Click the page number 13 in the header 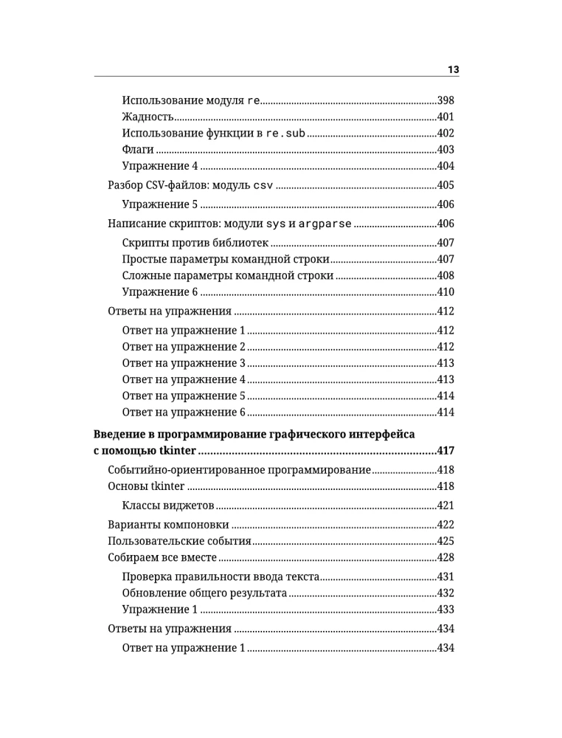coord(454,69)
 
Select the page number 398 coord(445,100)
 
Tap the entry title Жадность coord(148,117)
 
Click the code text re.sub coord(285,134)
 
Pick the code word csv coord(263,185)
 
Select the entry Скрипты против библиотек coord(195,243)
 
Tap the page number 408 coord(445,275)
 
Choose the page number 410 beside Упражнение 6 coord(445,292)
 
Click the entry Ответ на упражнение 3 coord(183,363)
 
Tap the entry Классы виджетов coord(167,506)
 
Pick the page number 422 coord(445,525)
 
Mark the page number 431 coord(445,576)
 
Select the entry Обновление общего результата coord(204,593)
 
